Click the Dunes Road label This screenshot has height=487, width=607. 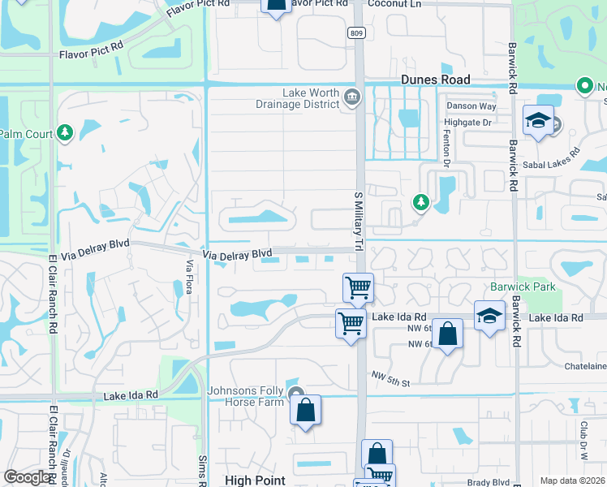point(435,80)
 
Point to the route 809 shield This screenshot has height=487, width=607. point(358,33)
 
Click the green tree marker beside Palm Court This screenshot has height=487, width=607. point(65,132)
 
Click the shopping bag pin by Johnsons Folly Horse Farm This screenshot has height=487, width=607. point(305,411)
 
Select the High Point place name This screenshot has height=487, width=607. point(255,480)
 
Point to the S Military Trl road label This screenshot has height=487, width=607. point(357,221)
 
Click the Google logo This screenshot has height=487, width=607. point(27,477)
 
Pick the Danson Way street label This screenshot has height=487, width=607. point(470,106)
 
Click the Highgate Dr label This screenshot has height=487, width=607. point(468,122)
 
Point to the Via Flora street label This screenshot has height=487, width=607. point(190,275)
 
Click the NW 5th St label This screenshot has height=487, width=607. point(391,377)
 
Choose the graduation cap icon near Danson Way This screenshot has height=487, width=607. point(537,122)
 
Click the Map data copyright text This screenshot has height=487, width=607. point(571,481)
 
